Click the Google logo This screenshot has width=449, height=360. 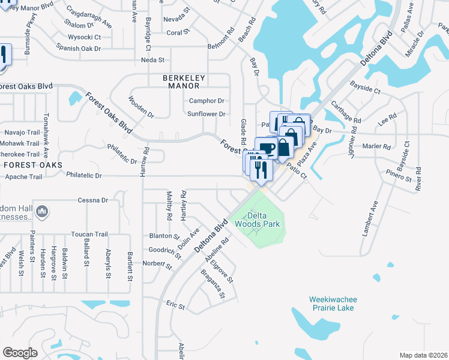click(20, 353)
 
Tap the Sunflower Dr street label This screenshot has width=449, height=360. click(206, 114)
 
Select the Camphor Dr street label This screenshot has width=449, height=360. click(206, 101)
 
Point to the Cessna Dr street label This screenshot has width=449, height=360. click(93, 200)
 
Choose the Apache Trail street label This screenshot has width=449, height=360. click(23, 177)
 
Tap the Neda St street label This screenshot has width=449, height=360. click(152, 60)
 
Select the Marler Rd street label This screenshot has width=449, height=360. click(376, 146)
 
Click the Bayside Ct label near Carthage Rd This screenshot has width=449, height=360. click(366, 91)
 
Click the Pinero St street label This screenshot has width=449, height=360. click(399, 176)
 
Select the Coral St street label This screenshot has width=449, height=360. click(178, 32)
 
